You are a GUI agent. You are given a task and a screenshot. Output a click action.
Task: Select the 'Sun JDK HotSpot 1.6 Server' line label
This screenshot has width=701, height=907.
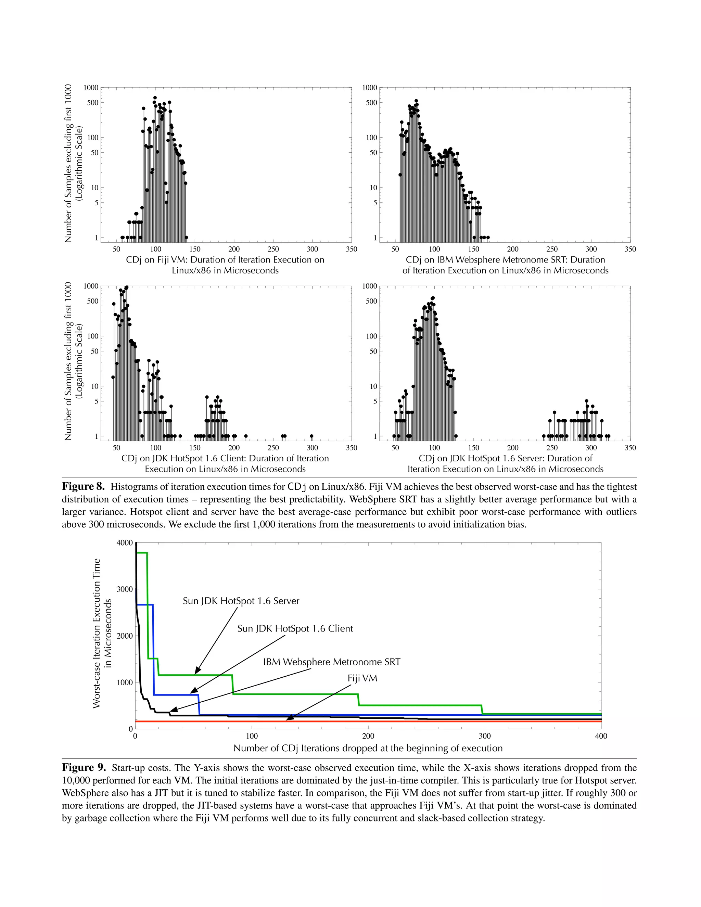(x=241, y=601)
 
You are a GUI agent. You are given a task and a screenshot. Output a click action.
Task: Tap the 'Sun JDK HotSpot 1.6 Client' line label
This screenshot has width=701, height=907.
(x=295, y=628)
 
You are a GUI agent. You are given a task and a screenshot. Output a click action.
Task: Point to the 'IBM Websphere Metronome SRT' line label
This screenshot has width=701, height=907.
(x=331, y=662)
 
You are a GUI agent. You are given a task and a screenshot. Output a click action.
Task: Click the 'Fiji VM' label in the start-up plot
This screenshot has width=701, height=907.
(x=362, y=678)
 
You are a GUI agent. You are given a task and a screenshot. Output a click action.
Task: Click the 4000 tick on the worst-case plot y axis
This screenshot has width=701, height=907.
(x=125, y=543)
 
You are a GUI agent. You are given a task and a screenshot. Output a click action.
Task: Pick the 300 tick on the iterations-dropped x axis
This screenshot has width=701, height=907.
(x=485, y=736)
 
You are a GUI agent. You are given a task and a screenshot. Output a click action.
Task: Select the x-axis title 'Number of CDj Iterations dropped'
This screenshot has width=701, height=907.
(x=368, y=748)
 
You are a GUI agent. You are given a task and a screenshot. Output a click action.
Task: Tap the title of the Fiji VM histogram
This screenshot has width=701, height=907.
(x=225, y=265)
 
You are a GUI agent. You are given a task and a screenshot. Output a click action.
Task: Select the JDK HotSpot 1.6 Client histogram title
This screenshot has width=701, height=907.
(x=225, y=463)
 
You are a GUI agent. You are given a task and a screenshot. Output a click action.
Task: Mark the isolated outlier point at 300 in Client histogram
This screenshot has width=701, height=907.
(x=311, y=436)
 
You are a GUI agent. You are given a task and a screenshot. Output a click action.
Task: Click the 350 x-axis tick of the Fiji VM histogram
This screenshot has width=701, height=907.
(x=351, y=249)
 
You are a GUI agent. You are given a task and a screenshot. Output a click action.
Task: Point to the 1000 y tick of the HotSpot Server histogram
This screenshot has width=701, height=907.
(x=370, y=286)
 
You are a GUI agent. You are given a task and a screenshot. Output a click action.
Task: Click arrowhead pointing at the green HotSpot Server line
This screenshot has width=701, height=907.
(x=197, y=671)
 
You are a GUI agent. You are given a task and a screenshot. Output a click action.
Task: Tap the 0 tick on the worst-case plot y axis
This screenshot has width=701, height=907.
(x=130, y=729)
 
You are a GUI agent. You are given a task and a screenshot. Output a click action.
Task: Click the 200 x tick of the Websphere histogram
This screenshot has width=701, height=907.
(x=512, y=249)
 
